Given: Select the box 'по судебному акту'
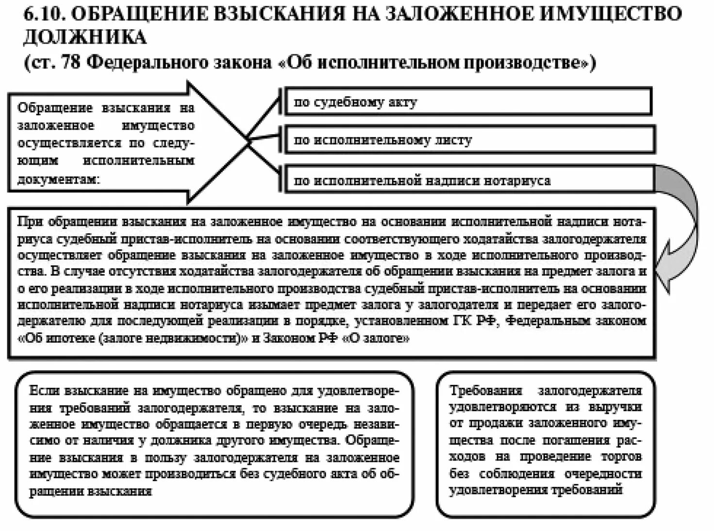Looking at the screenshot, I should click(x=467, y=102).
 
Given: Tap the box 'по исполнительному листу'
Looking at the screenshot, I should click(x=469, y=140).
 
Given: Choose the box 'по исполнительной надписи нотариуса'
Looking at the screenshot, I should click(x=469, y=181).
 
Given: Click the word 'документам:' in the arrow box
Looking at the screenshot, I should click(x=58, y=179).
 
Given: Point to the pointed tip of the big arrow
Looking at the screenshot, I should click(x=248, y=142).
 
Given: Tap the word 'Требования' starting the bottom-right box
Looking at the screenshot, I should click(x=486, y=391).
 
